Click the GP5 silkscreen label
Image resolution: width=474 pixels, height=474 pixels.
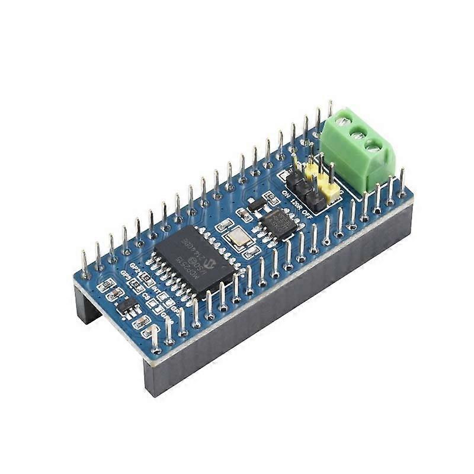click(x=125, y=276)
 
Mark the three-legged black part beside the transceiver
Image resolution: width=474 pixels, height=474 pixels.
click(x=256, y=204)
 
